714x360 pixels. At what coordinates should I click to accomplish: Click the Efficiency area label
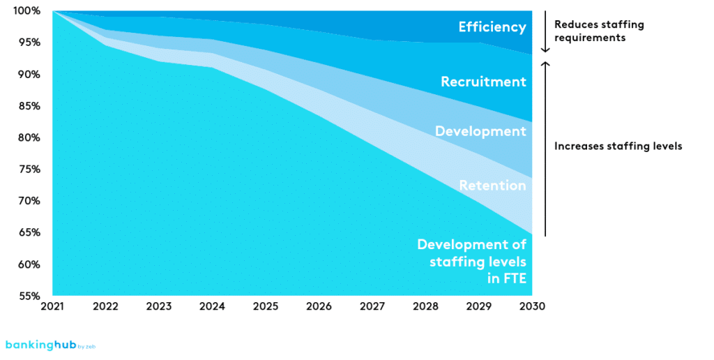[492, 28]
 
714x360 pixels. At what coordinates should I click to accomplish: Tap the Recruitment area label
[483, 82]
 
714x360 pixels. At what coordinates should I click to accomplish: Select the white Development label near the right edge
[480, 131]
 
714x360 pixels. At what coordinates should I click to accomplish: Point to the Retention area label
[492, 186]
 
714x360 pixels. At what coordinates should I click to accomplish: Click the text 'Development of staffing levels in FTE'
[471, 262]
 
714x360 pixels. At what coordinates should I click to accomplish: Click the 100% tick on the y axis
[26, 11]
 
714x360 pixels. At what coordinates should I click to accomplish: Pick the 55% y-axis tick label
[29, 296]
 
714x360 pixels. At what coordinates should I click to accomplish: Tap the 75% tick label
[29, 170]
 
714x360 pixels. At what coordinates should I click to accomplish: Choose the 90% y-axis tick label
[29, 75]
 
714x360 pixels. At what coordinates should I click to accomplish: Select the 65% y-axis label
[29, 233]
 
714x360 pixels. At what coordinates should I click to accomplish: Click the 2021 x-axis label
[52, 306]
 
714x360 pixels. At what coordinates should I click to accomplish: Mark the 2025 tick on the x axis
[266, 306]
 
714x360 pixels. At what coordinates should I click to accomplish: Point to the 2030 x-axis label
[532, 306]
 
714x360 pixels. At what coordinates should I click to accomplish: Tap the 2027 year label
[372, 306]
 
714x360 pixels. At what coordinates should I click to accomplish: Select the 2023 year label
[159, 306]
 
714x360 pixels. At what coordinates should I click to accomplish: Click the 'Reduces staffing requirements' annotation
[599, 31]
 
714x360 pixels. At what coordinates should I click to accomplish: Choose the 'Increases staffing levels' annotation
[618, 147]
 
